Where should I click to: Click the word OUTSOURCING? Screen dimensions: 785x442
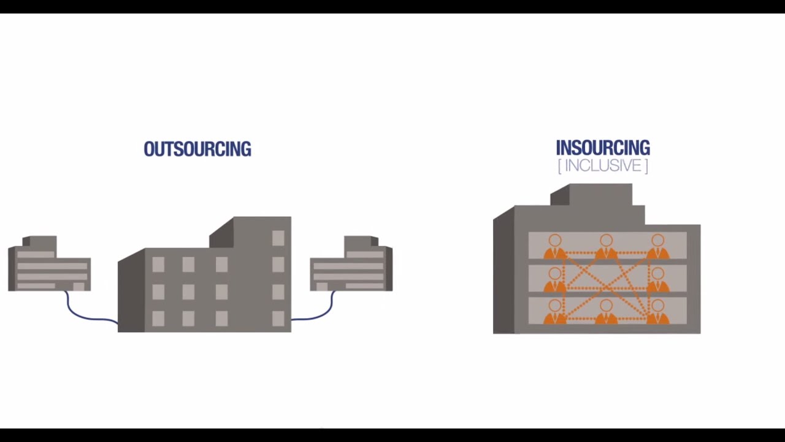pos(197,149)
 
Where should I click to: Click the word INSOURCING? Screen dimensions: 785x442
pos(602,148)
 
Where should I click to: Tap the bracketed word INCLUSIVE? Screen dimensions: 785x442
pos(603,166)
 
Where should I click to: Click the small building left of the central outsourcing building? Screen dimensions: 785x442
pos(49,265)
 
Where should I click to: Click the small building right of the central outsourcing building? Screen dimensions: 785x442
pos(351,265)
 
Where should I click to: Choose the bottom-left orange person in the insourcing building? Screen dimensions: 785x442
pos(555,312)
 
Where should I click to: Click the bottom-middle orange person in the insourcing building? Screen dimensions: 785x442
pos(606,312)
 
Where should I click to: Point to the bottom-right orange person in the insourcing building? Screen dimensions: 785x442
pos(657,312)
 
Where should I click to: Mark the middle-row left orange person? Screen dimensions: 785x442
pos(555,279)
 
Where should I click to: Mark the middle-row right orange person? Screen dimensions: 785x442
pos(657,279)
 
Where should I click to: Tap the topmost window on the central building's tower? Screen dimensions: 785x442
pos(278,238)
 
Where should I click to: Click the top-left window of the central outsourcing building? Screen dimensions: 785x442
pos(158,265)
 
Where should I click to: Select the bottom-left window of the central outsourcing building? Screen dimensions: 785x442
pos(158,318)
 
